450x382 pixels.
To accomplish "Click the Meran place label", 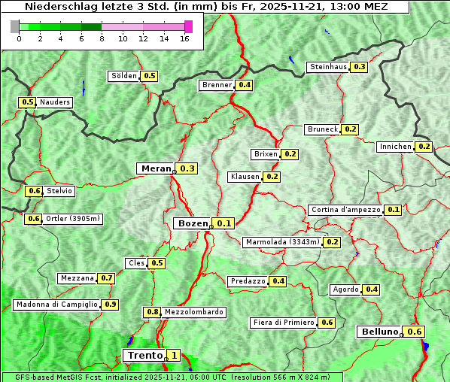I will tap(156, 168).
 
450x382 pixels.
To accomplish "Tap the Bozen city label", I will tap(192, 223).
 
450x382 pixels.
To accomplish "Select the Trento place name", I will tap(144, 356).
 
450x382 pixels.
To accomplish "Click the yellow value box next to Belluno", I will tap(415, 332).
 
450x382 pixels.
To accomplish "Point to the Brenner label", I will tap(217, 85).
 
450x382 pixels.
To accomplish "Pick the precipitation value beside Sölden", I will tap(150, 76).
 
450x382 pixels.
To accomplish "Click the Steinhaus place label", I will tap(328, 67).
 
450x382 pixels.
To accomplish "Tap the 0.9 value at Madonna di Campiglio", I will tap(111, 305).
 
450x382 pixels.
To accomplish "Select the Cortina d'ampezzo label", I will tap(345, 210).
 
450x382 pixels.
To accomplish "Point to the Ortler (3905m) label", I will tap(73, 219).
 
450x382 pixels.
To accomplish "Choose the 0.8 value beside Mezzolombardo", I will tap(152, 312).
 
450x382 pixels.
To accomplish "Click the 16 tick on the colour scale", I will tap(184, 39).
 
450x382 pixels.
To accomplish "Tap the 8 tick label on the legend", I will tap(102, 39).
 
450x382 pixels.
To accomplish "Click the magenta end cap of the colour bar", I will tap(188, 26).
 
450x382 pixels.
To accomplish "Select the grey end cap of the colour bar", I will tap(15, 26).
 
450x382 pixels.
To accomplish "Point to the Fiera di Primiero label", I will tap(283, 323).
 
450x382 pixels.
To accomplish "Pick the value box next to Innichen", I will tap(424, 147).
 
